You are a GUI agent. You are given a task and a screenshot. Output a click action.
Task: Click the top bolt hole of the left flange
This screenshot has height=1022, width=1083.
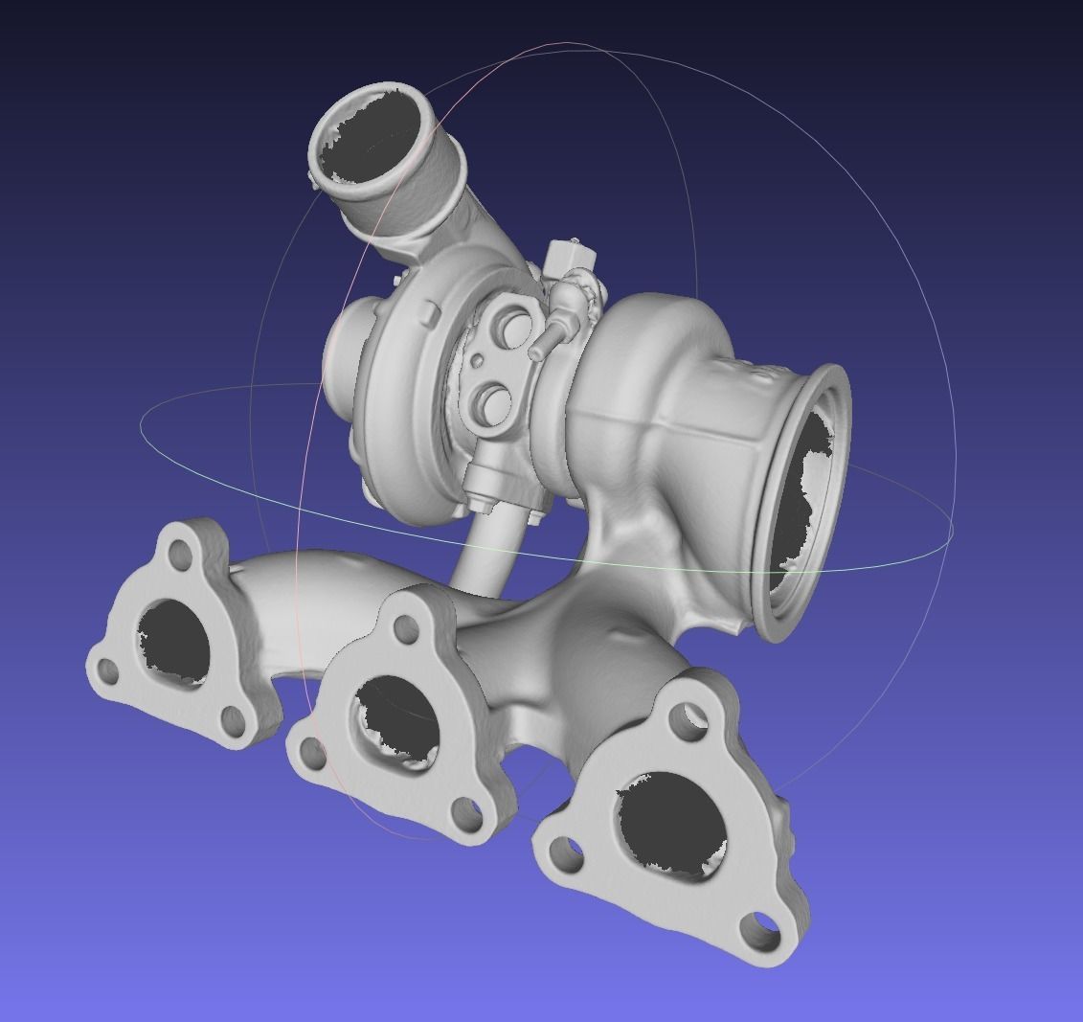(179, 553)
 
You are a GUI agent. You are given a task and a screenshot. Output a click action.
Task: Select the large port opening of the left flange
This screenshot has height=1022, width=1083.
(173, 640)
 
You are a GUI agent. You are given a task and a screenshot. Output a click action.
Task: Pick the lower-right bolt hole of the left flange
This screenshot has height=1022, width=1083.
(232, 717)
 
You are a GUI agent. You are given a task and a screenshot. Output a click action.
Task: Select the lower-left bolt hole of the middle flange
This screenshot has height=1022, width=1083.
(312, 756)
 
